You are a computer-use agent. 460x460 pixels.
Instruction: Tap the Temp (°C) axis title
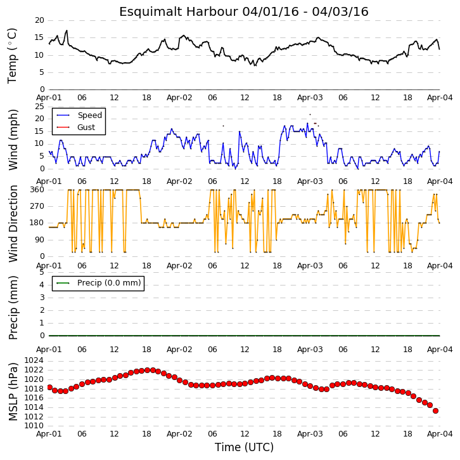tap(12, 56)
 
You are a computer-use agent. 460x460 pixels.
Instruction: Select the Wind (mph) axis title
tap(13, 140)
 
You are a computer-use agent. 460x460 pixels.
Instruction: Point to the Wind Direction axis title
tap(13, 223)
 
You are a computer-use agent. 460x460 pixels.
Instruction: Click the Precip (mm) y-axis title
tap(13, 308)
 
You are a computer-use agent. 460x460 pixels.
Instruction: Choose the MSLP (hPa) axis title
tap(13, 391)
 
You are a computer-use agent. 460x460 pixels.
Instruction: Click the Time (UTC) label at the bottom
tap(244, 447)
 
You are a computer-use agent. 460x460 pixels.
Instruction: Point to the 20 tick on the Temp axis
tap(39, 20)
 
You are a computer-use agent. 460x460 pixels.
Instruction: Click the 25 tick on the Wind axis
tap(39, 107)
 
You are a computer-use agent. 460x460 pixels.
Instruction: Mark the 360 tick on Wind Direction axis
tap(37, 190)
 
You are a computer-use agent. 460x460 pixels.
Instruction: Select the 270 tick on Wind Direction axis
tap(37, 206)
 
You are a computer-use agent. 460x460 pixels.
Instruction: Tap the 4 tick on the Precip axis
tap(42, 285)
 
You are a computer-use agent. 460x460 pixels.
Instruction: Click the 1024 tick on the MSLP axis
tap(34, 360)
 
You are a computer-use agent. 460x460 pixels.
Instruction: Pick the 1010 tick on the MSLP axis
tap(34, 426)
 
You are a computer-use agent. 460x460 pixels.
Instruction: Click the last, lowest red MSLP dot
tap(435, 411)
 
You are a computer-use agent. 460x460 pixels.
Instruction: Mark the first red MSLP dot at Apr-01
tap(49, 388)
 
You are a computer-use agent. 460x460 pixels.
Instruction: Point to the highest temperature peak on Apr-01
tap(67, 30)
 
